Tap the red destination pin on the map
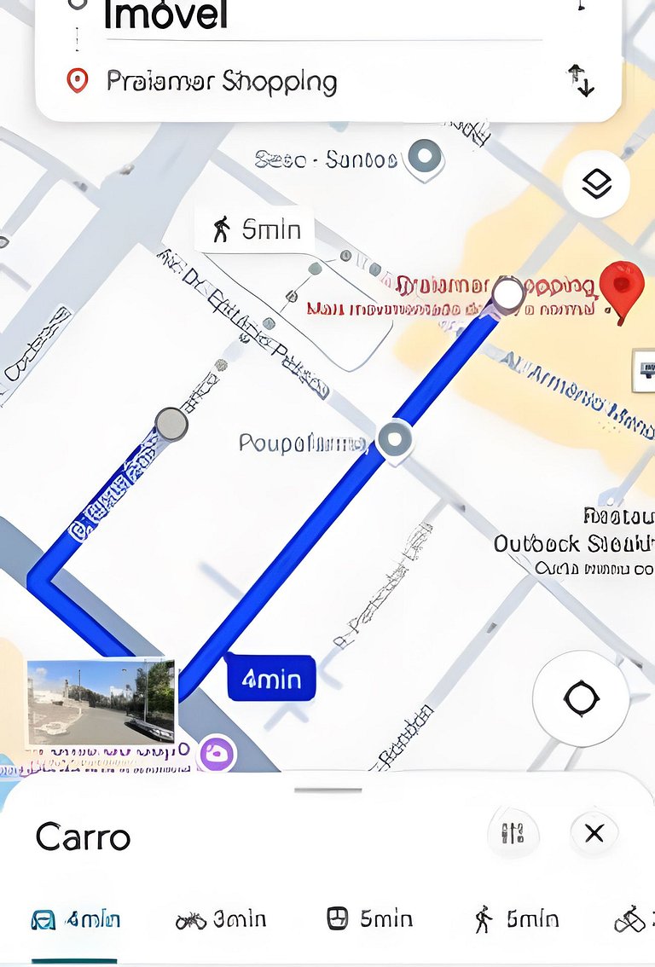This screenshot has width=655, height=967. pos(622,287)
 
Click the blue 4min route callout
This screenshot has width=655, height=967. pos(271,679)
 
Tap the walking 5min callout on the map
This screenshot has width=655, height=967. pos(255,229)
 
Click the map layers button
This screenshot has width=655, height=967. pos(596,183)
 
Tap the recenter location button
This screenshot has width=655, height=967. pos(581,698)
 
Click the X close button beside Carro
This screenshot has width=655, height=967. pos(594,833)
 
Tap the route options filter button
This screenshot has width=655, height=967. pos(513,833)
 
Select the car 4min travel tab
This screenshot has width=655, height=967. pos(75,919)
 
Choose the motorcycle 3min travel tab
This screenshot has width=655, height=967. pos(221,919)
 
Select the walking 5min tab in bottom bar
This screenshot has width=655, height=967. pos(517,919)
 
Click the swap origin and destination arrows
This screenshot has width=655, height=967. pos(581,80)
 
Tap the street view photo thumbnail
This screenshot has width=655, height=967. pos(101,701)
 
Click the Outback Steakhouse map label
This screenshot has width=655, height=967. pos(573,543)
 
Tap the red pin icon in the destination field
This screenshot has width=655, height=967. pos(78,82)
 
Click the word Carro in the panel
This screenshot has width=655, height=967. pos(83,837)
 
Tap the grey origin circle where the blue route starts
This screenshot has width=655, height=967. pos(171,424)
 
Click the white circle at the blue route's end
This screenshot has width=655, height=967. pos(508,295)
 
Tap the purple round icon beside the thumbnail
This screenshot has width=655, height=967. pos(217,753)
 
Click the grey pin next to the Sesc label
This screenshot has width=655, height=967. pos(424,158)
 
